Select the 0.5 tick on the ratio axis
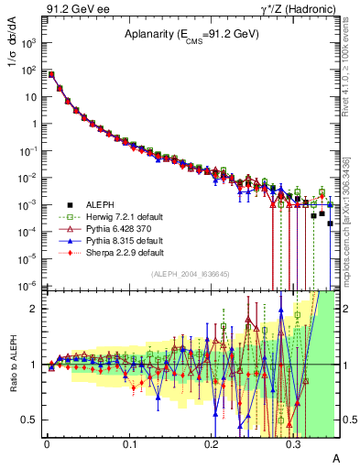29,420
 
